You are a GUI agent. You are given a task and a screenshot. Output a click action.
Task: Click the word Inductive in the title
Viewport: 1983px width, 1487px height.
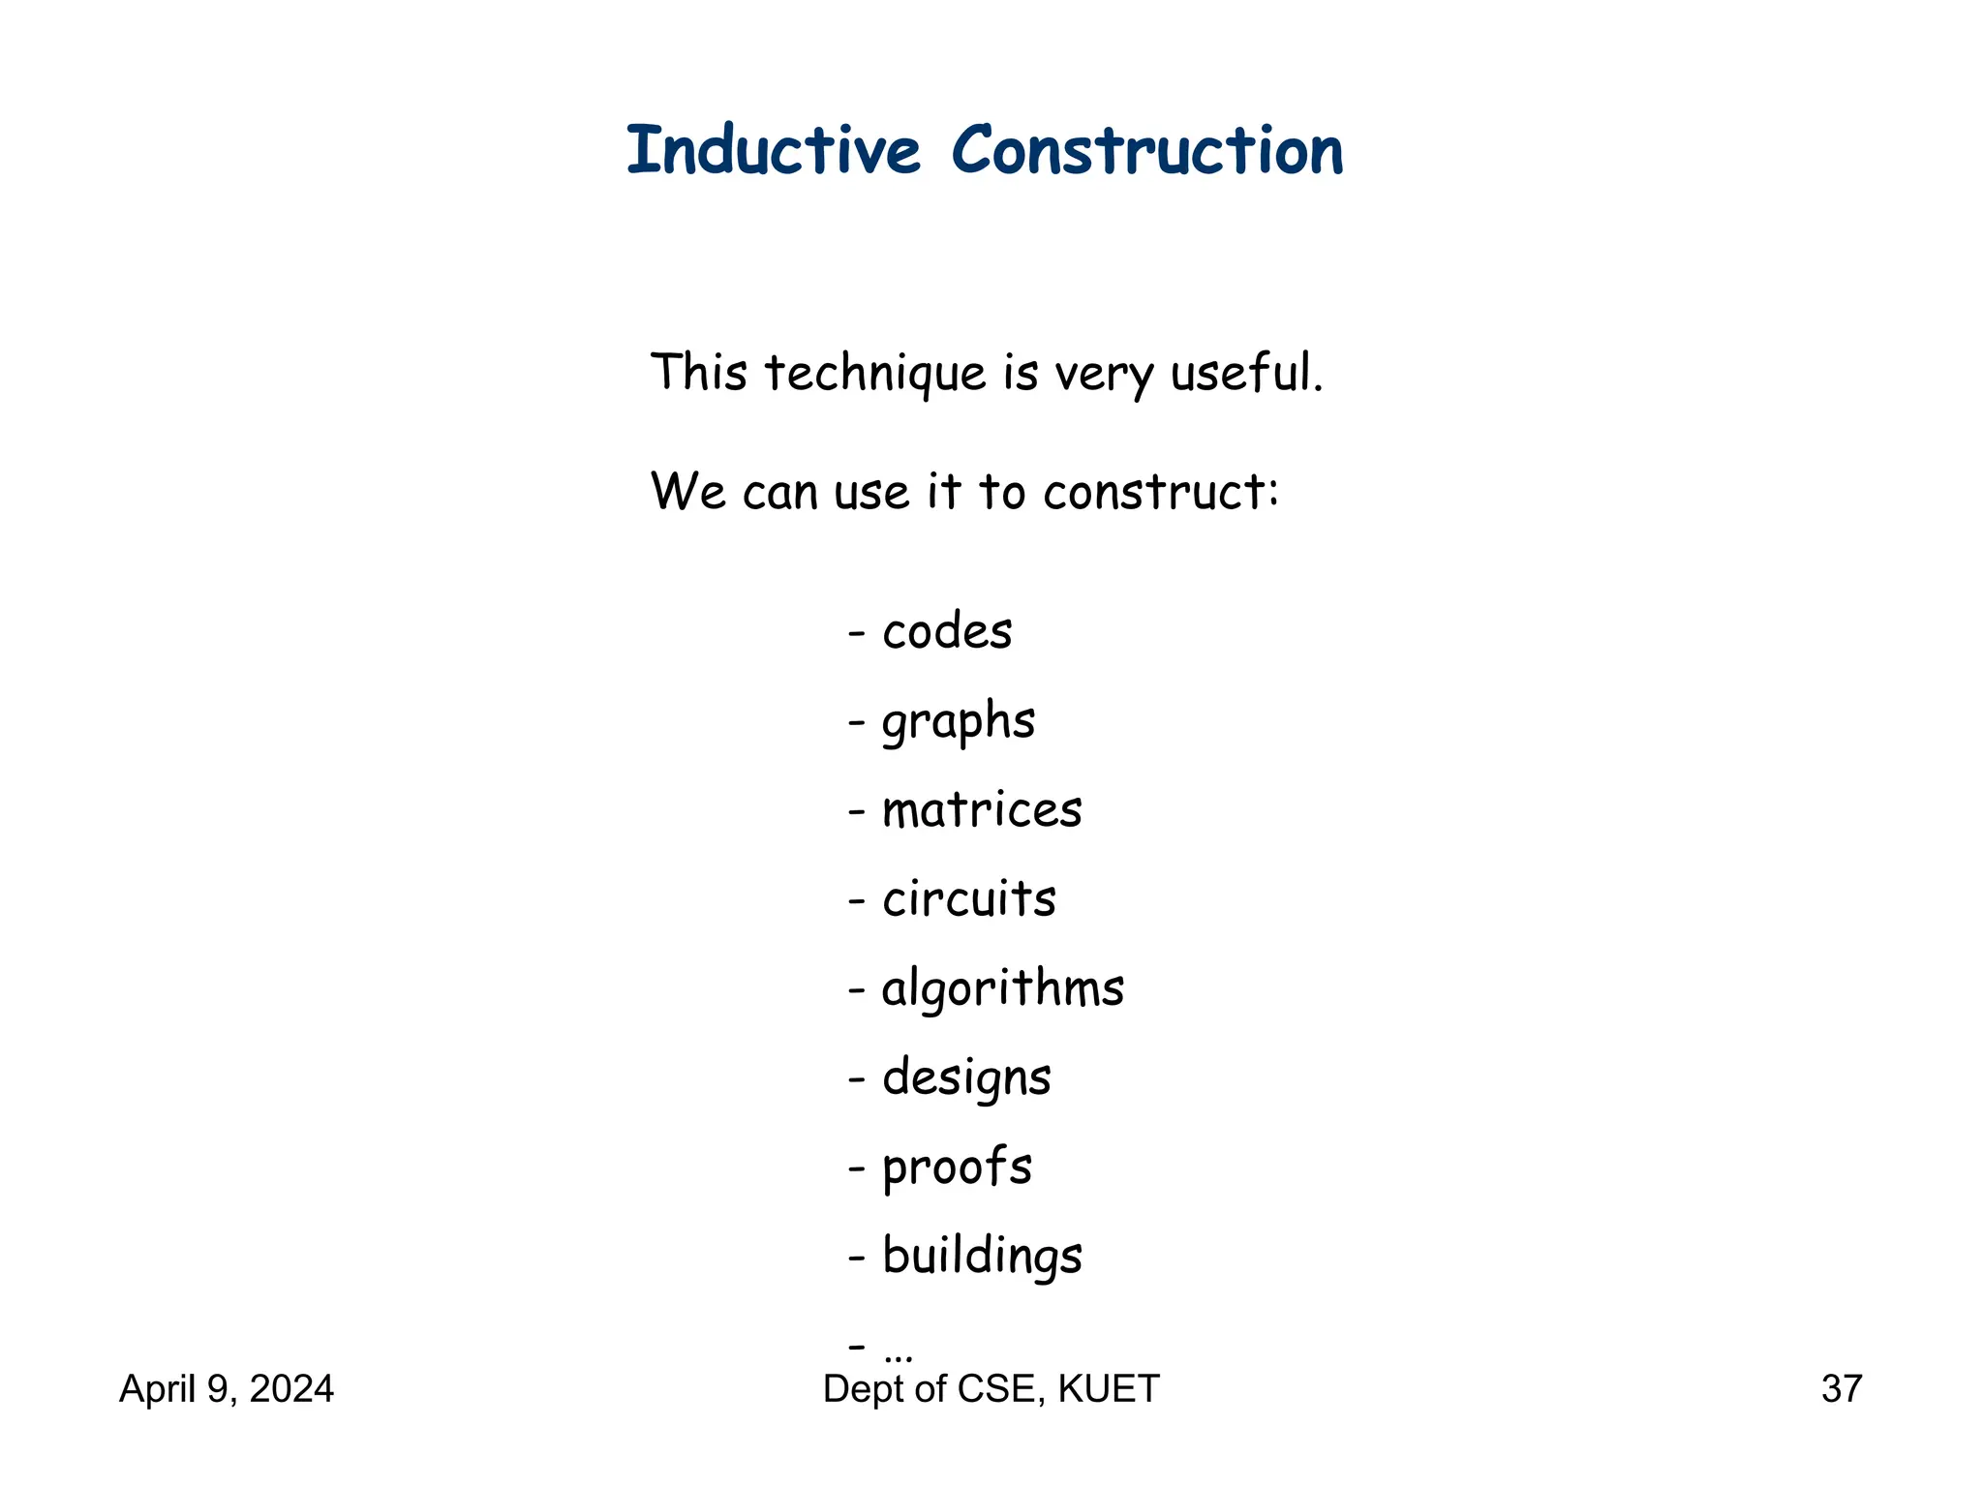[x=773, y=152]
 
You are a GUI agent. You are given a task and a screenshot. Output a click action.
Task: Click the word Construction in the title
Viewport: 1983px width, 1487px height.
[x=1147, y=152]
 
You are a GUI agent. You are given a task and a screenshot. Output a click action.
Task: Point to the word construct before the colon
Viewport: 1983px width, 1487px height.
[x=1154, y=492]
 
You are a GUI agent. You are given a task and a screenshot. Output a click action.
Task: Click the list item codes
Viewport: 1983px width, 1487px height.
[x=946, y=632]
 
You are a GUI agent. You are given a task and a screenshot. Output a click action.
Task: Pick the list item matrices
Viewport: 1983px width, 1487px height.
[x=981, y=810]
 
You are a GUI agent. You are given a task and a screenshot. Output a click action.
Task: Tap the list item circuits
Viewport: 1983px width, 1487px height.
[x=968, y=899]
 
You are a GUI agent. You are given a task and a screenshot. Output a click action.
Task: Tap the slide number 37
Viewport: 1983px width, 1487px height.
[x=1841, y=1389]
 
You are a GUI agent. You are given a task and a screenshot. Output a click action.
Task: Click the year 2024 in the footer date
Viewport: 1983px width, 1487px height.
[x=291, y=1389]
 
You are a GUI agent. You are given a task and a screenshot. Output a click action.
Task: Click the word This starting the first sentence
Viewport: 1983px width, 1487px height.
[x=698, y=374]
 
